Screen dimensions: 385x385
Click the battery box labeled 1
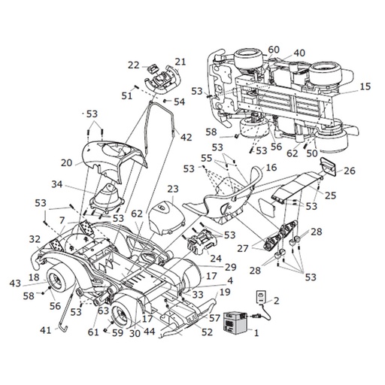[x=235, y=322]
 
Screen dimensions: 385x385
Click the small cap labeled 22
[x=152, y=68]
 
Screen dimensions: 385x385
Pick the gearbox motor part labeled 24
[x=201, y=241]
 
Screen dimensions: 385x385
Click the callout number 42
[x=186, y=137]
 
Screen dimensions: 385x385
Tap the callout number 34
[x=57, y=184]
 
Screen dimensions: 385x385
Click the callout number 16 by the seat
[x=271, y=167]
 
